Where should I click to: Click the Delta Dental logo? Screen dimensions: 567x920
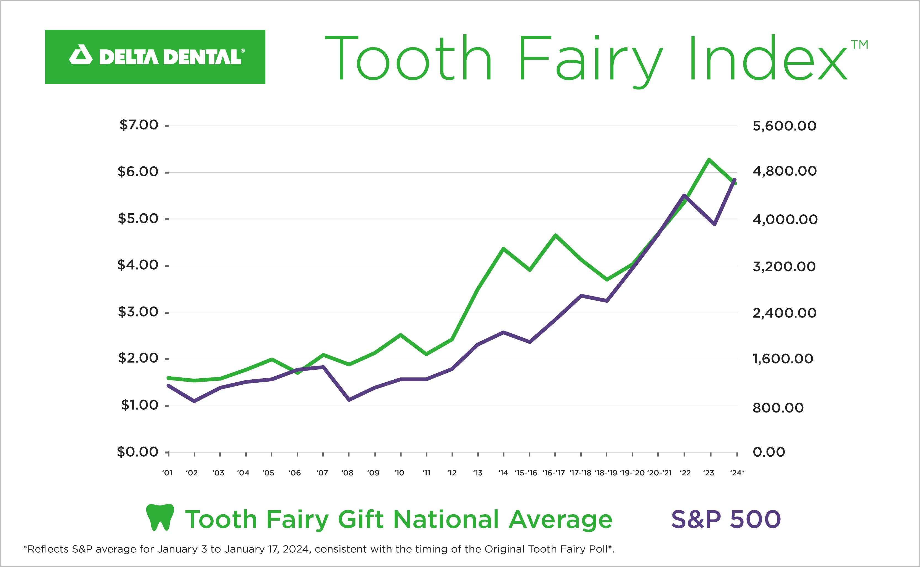click(155, 57)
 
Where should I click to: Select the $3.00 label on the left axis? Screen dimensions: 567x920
click(138, 312)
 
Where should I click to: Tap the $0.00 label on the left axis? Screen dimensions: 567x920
click(138, 452)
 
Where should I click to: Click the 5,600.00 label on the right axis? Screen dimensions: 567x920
click(784, 126)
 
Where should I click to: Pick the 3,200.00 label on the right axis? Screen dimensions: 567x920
click(784, 267)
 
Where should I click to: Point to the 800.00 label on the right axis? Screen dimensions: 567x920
click(778, 408)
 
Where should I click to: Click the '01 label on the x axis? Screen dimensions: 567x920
click(167, 473)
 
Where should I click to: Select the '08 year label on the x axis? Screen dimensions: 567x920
click(347, 473)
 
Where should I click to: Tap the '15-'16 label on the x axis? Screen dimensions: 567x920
click(526, 473)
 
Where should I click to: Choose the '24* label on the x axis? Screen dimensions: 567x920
click(737, 473)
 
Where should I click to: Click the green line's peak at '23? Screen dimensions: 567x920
click(709, 160)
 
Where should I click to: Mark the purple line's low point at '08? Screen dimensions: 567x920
click(349, 400)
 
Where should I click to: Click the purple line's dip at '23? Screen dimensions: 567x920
click(714, 224)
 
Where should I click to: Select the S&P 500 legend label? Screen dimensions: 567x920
click(726, 519)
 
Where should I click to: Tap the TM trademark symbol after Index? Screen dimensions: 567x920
click(859, 45)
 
